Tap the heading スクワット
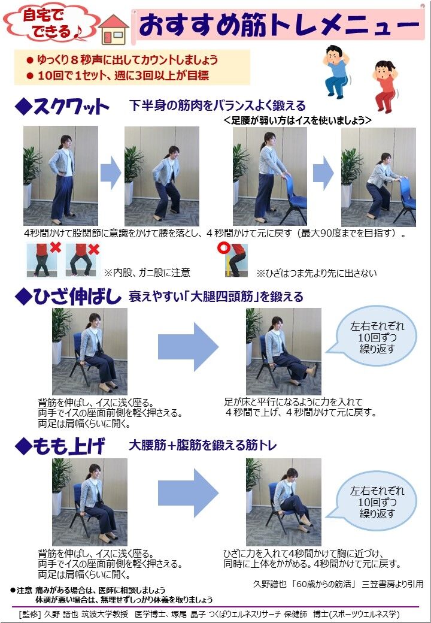62,106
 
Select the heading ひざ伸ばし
68,297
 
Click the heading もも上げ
60,446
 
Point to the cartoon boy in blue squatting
336,71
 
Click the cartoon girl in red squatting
385,86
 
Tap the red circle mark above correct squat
223,249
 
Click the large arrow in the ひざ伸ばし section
188,347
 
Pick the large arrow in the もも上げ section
188,493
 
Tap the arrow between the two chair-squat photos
323,173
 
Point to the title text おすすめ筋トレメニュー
278,25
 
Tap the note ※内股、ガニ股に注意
147,273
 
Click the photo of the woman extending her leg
283,351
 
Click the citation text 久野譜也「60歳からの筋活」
303,584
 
